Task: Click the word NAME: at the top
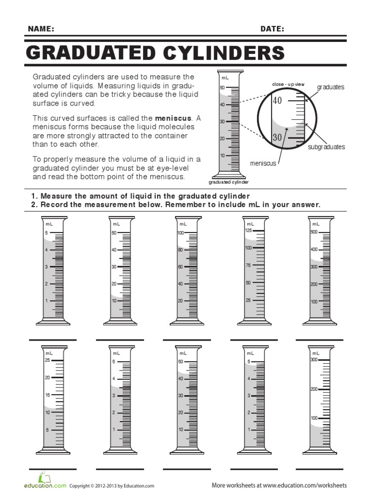[41, 29]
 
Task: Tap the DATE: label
[272, 29]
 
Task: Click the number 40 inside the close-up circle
[277, 101]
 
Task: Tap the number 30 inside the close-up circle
[277, 137]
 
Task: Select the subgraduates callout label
[327, 147]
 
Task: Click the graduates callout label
[330, 87]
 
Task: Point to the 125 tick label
[248, 231]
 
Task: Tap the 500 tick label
[314, 233]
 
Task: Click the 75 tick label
[248, 265]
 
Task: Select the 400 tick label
[314, 249]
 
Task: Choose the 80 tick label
[180, 250]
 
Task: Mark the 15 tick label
[47, 395]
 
